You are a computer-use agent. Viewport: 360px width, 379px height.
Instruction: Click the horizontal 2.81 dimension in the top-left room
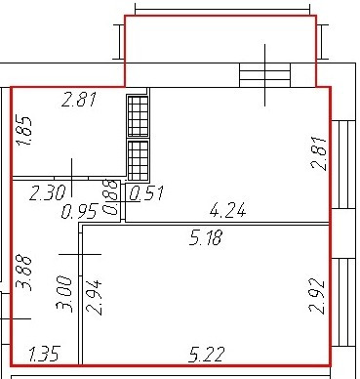(x=79, y=100)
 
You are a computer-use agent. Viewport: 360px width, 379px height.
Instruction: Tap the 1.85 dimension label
(x=24, y=131)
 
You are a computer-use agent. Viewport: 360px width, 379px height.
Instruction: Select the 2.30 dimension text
(x=48, y=192)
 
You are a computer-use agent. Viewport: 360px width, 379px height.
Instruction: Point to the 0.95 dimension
(x=79, y=212)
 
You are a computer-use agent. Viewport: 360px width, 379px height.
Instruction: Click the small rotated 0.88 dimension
(x=110, y=197)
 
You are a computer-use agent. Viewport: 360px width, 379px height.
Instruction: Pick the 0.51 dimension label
(x=146, y=193)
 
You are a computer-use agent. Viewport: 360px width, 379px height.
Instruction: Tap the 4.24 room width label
(x=228, y=210)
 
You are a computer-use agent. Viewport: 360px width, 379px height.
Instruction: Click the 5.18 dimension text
(x=206, y=237)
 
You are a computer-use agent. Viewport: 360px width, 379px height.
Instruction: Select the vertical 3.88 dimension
(x=24, y=273)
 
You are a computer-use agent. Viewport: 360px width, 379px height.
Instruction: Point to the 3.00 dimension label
(x=63, y=294)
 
